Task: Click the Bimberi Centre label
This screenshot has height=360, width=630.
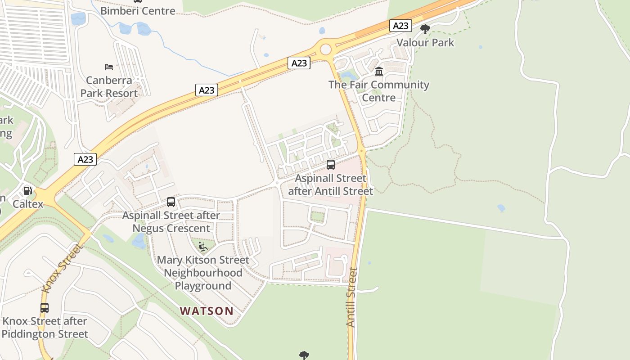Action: pyautogui.click(x=138, y=11)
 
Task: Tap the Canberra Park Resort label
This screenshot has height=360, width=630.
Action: pyautogui.click(x=109, y=87)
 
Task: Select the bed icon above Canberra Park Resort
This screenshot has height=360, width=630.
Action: pyautogui.click(x=109, y=67)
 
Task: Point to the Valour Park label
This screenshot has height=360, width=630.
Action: pyautogui.click(x=425, y=43)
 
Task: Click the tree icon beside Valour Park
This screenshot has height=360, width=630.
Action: pyautogui.click(x=425, y=30)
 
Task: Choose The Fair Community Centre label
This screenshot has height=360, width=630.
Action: pyautogui.click(x=378, y=91)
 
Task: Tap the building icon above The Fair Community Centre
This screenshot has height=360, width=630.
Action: pyautogui.click(x=378, y=72)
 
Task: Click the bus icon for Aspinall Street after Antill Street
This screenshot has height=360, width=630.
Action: pyautogui.click(x=331, y=165)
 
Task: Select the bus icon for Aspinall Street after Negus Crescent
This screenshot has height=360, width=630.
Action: pyautogui.click(x=171, y=202)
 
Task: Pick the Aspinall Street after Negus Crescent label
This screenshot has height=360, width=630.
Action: pyautogui.click(x=171, y=222)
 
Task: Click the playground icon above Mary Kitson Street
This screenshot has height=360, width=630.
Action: pyautogui.click(x=203, y=247)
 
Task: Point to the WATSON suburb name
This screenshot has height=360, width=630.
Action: pyautogui.click(x=207, y=311)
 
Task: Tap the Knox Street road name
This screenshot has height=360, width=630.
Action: pyautogui.click(x=62, y=269)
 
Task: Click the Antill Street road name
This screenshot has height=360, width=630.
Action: pyautogui.click(x=352, y=297)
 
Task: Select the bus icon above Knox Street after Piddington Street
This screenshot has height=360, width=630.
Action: pyautogui.click(x=45, y=308)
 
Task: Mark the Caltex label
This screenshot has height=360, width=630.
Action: pyautogui.click(x=28, y=204)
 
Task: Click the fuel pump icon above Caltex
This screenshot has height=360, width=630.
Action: pyautogui.click(x=27, y=191)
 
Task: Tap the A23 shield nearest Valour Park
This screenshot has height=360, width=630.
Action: pyautogui.click(x=400, y=26)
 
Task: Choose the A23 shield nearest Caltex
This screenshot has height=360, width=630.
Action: pyautogui.click(x=85, y=159)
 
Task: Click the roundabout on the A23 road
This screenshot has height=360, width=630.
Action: pyautogui.click(x=325, y=49)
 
